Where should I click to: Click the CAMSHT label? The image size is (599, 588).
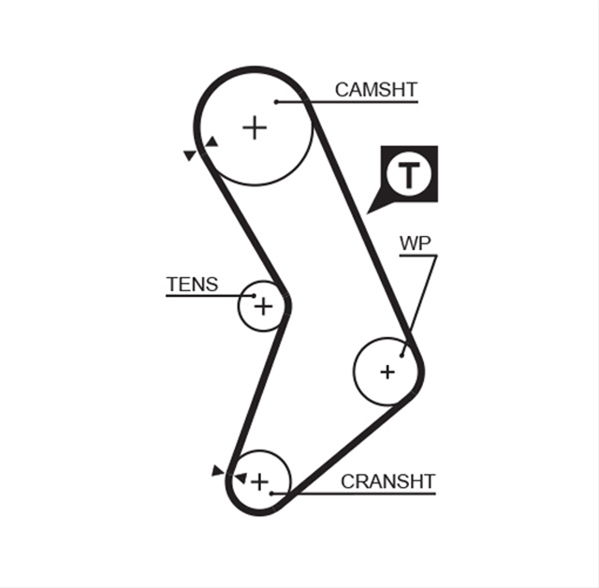[376, 90]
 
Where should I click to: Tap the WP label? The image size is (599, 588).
[416, 243]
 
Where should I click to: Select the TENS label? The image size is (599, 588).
[192, 285]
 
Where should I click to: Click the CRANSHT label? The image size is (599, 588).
[388, 481]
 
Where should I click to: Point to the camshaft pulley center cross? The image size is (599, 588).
[255, 127]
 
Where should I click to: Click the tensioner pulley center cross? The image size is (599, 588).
[264, 306]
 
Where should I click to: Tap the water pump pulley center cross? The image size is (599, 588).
[387, 372]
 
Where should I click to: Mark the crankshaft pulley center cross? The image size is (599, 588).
[260, 481]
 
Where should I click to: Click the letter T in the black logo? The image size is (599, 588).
[409, 174]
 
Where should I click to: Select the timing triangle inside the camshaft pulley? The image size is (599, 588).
[212, 142]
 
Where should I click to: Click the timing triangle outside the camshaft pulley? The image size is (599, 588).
[190, 155]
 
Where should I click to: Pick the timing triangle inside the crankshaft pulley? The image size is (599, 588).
[241, 478]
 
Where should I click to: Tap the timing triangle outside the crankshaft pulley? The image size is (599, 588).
[217, 471]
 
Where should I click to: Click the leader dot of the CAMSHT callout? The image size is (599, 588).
[276, 102]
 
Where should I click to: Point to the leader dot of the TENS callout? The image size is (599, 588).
[254, 295]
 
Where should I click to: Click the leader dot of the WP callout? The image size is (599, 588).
[402, 355]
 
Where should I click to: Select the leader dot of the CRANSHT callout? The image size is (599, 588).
[271, 493]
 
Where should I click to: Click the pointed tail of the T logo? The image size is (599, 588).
[368, 213]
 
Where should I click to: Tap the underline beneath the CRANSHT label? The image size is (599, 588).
[354, 493]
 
